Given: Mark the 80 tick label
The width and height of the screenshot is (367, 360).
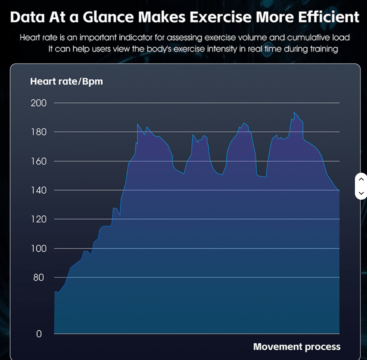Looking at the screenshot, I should tap(38, 278).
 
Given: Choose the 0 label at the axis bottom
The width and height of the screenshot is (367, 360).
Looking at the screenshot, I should tap(39, 334).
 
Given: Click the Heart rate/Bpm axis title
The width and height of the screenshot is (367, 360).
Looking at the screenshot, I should tap(66, 81).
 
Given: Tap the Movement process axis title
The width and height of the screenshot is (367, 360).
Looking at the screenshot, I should tap(297, 347).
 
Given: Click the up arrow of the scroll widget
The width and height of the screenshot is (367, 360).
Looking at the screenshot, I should tap(361, 179).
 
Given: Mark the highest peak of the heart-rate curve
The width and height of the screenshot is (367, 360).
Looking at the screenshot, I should tap(294, 112).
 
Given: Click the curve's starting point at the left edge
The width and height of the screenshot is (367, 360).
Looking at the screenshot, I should tap(55, 291).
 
